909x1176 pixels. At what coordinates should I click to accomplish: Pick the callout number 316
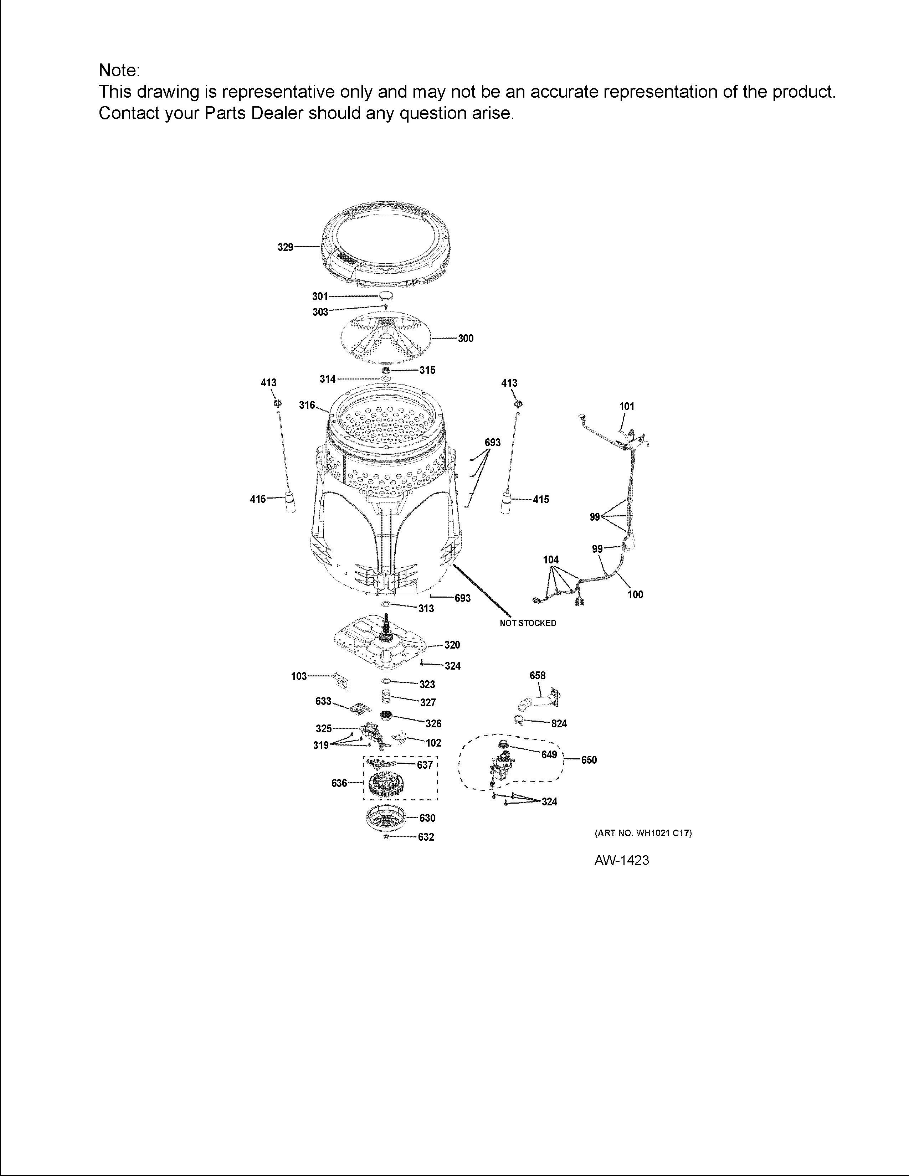(307, 405)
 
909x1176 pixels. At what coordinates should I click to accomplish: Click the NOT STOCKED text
(528, 623)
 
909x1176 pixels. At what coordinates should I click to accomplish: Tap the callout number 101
(627, 407)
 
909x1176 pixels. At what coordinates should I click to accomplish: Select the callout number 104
(550, 560)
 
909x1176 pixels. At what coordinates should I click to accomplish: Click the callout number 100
(636, 594)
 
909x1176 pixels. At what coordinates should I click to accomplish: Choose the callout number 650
(589, 760)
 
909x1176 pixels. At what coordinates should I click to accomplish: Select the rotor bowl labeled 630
(386, 819)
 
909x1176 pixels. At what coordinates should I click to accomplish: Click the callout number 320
(452, 645)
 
